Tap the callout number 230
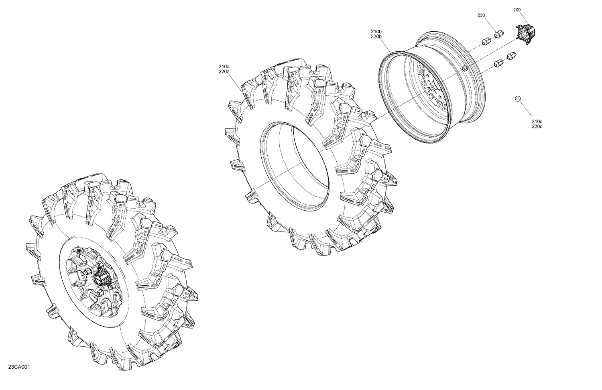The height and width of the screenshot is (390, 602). pos(481,15)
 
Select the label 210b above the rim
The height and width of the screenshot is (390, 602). pos(376,31)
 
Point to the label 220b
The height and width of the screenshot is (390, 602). pos(376,37)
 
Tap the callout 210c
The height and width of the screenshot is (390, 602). pos(537,122)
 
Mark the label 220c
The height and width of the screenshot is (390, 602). pos(537,127)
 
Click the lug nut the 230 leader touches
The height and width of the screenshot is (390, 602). pos(498,34)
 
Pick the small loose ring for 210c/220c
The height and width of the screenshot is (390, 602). pos(518,98)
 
